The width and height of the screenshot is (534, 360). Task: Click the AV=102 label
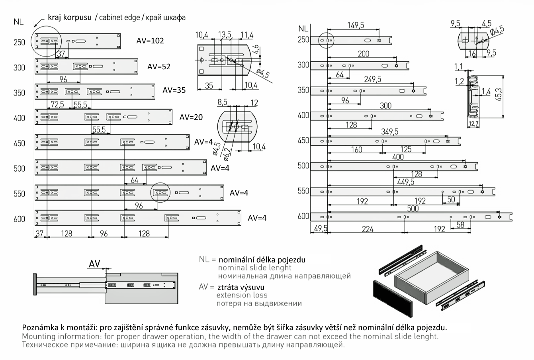coord(150,41)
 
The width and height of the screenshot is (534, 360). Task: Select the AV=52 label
coord(158,67)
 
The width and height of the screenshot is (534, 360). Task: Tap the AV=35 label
coord(174,90)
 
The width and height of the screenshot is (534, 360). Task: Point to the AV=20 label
coord(191,117)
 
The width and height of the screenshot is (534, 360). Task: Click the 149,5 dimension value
coord(355,25)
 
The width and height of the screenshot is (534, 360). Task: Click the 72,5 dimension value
coord(56,105)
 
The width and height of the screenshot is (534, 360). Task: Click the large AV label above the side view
coord(94,264)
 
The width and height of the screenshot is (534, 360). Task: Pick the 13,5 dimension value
coord(225,35)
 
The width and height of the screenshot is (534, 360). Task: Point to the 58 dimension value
coord(460,225)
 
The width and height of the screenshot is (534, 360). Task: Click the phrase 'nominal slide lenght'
coord(254,268)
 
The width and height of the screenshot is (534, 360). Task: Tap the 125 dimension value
coord(406,149)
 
